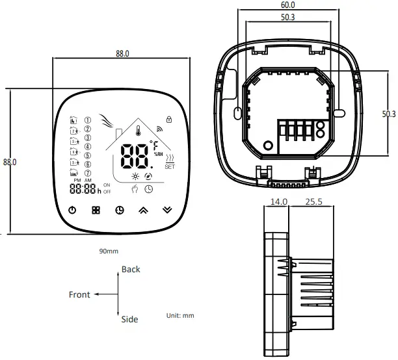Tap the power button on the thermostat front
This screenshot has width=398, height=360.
tap(72, 210)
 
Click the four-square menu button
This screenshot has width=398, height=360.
tap(96, 211)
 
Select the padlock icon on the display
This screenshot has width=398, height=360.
tap(169, 119)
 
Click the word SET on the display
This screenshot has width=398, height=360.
tap(170, 166)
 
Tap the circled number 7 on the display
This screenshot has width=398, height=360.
tap(88, 172)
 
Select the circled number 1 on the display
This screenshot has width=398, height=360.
tap(88, 120)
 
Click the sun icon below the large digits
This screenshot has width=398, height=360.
tap(135, 177)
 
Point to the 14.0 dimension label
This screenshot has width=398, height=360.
tap(279, 202)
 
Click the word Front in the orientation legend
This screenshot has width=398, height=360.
tap(79, 294)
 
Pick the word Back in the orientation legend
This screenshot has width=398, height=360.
tap(131, 269)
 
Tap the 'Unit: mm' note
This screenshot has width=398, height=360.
tap(180, 315)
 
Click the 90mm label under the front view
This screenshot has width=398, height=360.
tap(109, 250)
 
